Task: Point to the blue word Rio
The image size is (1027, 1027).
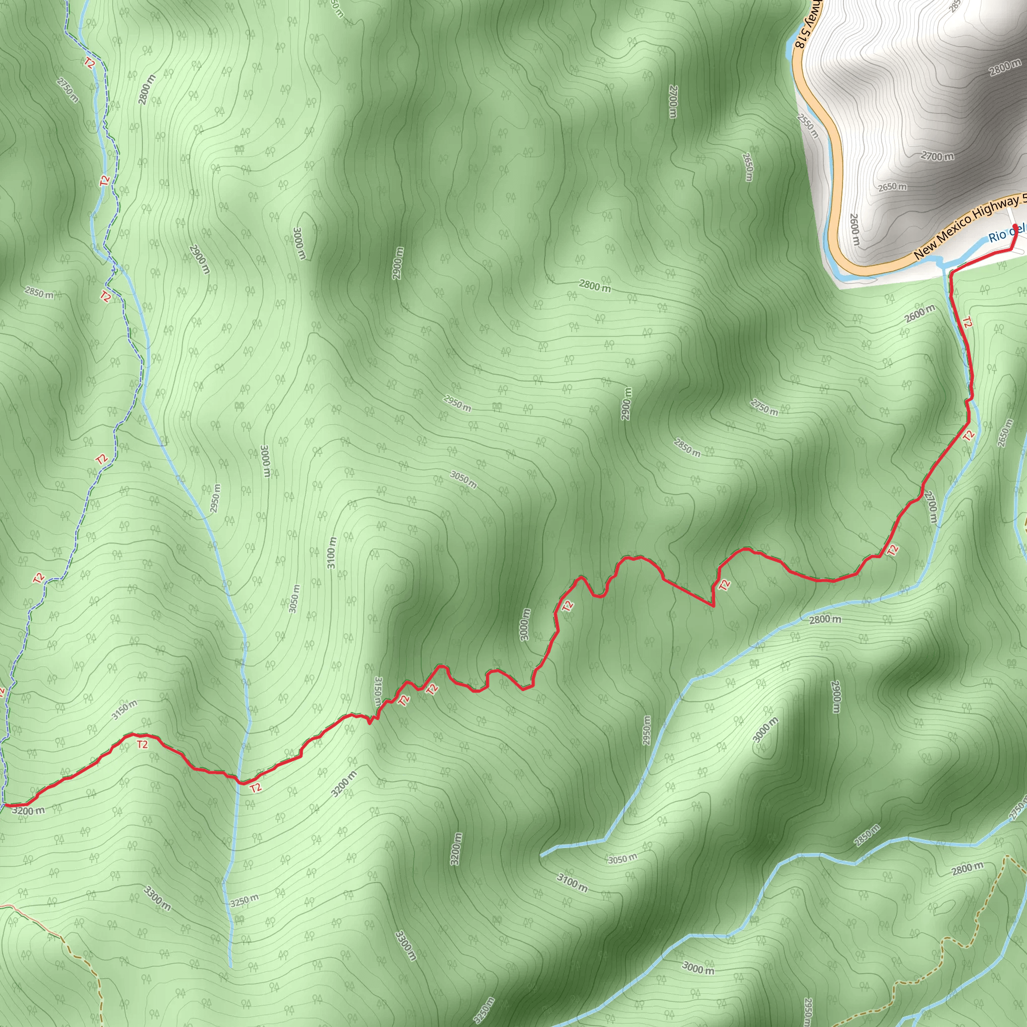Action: [x=997, y=235]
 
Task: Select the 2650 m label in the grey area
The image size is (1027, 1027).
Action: [x=892, y=187]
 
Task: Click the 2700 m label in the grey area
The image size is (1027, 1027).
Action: [x=938, y=156]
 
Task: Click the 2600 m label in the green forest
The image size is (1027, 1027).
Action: [x=920, y=313]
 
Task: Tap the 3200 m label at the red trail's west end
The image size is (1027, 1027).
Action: [x=28, y=811]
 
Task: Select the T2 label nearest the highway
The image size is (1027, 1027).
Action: [x=967, y=322]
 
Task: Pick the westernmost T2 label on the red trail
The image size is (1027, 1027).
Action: [x=142, y=745]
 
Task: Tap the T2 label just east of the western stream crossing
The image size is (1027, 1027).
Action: [x=256, y=788]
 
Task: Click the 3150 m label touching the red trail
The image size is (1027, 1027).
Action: [x=378, y=691]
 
